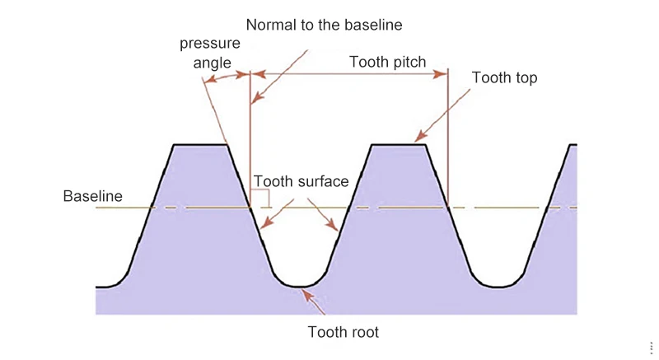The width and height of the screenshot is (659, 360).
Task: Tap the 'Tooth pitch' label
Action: [x=387, y=62]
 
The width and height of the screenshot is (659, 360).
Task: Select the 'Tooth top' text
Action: [x=504, y=78]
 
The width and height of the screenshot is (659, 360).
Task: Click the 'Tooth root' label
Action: [x=343, y=333]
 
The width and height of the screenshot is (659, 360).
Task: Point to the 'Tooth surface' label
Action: [x=301, y=181]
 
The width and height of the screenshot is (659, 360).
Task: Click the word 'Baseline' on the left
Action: [x=92, y=196]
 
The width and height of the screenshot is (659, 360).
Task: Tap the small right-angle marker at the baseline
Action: [x=260, y=198]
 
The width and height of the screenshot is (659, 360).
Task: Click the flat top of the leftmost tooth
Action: [x=200, y=145]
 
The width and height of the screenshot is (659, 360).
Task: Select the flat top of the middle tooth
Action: [x=399, y=145]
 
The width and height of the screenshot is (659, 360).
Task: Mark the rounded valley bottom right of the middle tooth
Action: [x=498, y=286]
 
